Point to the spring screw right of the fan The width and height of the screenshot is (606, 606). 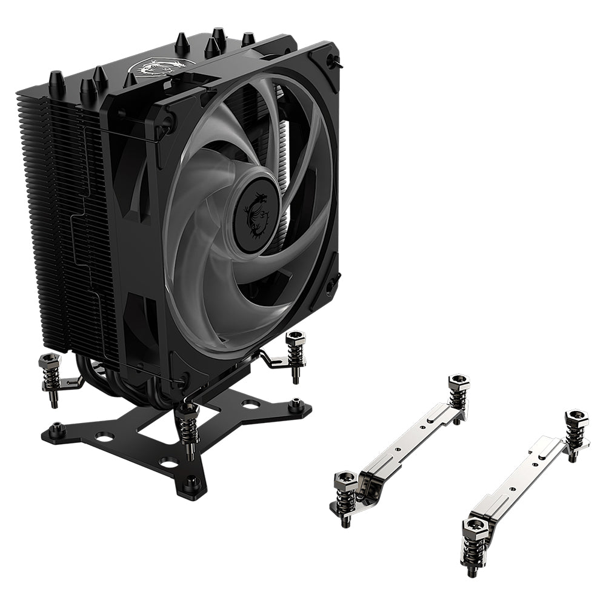pyautogui.click(x=296, y=355)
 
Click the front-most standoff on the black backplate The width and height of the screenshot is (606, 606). pyautogui.click(x=193, y=482)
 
